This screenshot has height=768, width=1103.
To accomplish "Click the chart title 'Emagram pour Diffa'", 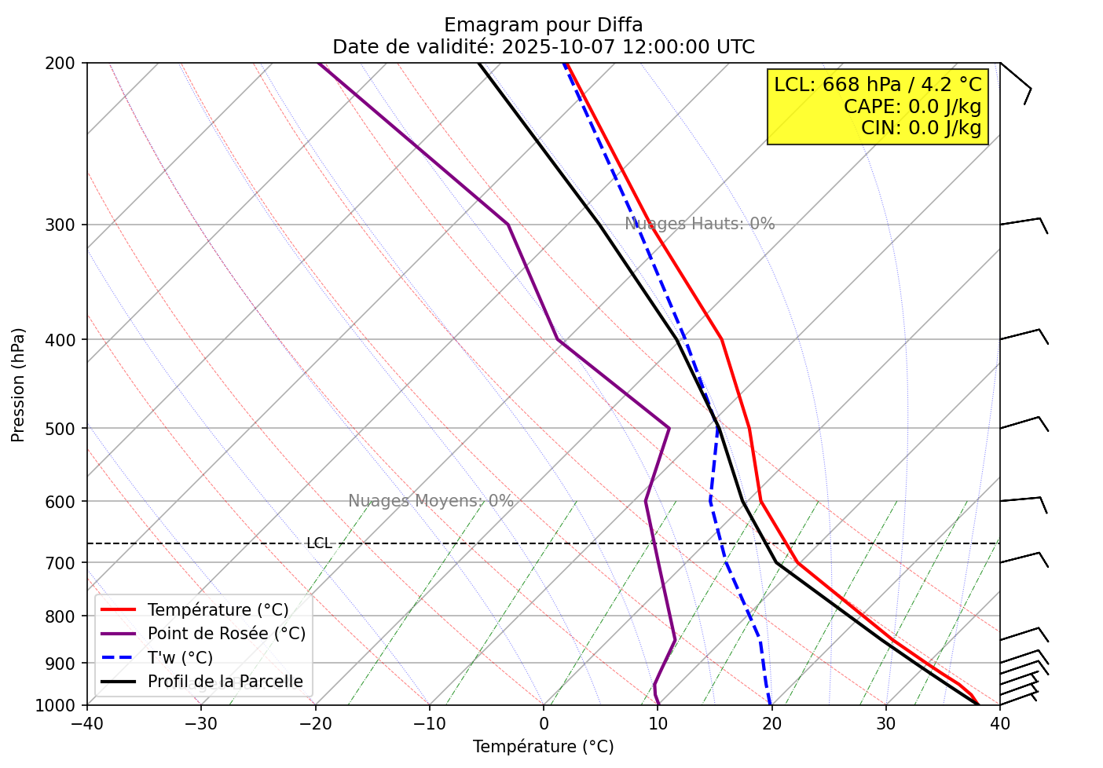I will [x=543, y=25].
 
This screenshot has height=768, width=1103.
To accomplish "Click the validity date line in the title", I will [x=543, y=47].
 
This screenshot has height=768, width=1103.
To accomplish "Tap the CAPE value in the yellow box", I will [x=912, y=107].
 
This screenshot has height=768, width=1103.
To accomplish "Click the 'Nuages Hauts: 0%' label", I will [x=699, y=224].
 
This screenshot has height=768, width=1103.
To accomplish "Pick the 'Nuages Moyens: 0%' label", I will [x=431, y=501].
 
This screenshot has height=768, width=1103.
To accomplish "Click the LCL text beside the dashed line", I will [x=319, y=543].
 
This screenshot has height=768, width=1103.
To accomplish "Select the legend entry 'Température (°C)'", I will [x=218, y=610].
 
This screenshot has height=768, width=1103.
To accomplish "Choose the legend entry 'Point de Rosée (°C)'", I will [x=226, y=634].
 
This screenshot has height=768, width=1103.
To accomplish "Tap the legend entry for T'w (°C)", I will [x=180, y=658].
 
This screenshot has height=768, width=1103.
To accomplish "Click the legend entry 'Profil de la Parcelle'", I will [x=225, y=682].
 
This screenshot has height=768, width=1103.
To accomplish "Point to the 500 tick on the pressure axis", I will [x=64, y=429].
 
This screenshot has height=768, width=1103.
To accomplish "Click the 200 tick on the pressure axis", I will [x=64, y=63].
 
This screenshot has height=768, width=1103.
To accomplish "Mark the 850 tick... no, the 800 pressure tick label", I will [x=64, y=616].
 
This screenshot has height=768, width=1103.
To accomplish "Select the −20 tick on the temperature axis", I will [x=314, y=722].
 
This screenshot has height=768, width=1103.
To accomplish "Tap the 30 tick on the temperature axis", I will [x=885, y=722].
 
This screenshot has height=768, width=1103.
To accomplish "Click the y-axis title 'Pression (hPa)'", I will [x=19, y=385].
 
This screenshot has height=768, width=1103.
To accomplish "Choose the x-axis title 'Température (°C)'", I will [x=543, y=747].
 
